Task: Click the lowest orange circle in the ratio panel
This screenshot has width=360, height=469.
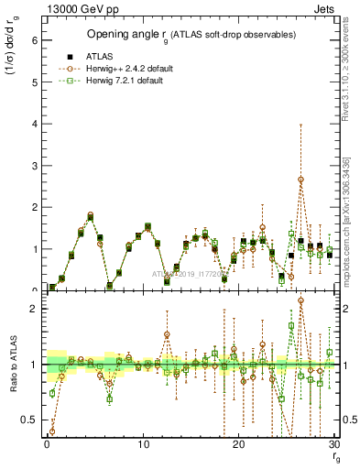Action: tap(51, 431)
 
